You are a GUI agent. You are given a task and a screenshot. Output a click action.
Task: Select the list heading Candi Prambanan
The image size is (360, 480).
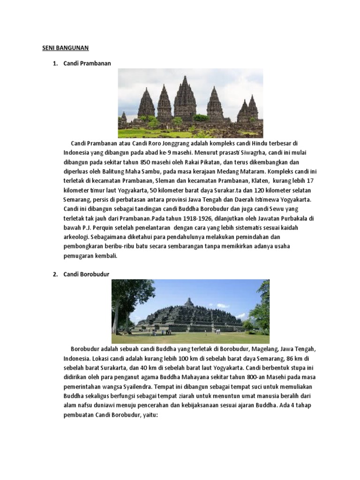click(87, 63)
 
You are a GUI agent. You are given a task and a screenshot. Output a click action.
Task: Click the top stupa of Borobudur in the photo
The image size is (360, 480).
click(188, 301)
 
